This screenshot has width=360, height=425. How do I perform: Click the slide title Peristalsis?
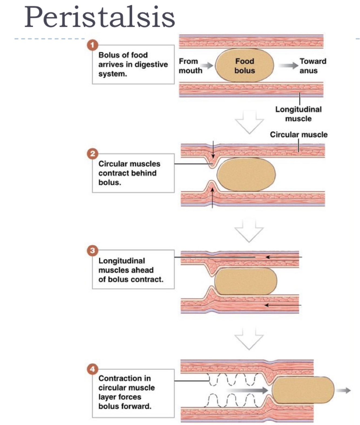tap(100, 17)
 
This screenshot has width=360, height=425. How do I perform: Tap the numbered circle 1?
tap(92, 45)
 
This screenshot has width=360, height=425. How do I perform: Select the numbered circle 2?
tap(92, 154)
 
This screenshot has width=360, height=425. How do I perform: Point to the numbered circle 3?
tap(92, 251)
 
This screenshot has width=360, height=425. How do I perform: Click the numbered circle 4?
tap(92, 369)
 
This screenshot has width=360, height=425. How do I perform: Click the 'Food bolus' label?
tap(244, 66)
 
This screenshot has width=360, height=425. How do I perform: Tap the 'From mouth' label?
tap(190, 66)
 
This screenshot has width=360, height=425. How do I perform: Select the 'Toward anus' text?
tap(313, 66)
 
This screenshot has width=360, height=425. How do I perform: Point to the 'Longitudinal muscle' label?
tap(298, 114)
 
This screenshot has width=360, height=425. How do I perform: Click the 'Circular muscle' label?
tap(298, 134)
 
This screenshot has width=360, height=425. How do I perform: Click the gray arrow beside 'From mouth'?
tap(207, 65)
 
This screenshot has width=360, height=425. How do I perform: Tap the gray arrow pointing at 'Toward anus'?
tap(288, 65)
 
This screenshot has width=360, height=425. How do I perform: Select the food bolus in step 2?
tap(246, 175)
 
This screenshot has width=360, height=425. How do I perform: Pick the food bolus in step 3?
tap(246, 281)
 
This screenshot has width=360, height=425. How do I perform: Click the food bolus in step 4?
tap(303, 390)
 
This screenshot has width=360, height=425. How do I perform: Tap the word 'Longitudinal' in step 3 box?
tap(121, 261)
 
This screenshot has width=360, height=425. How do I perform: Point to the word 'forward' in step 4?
tap(137, 406)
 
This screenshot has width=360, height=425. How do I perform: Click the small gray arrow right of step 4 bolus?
tap(345, 390)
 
